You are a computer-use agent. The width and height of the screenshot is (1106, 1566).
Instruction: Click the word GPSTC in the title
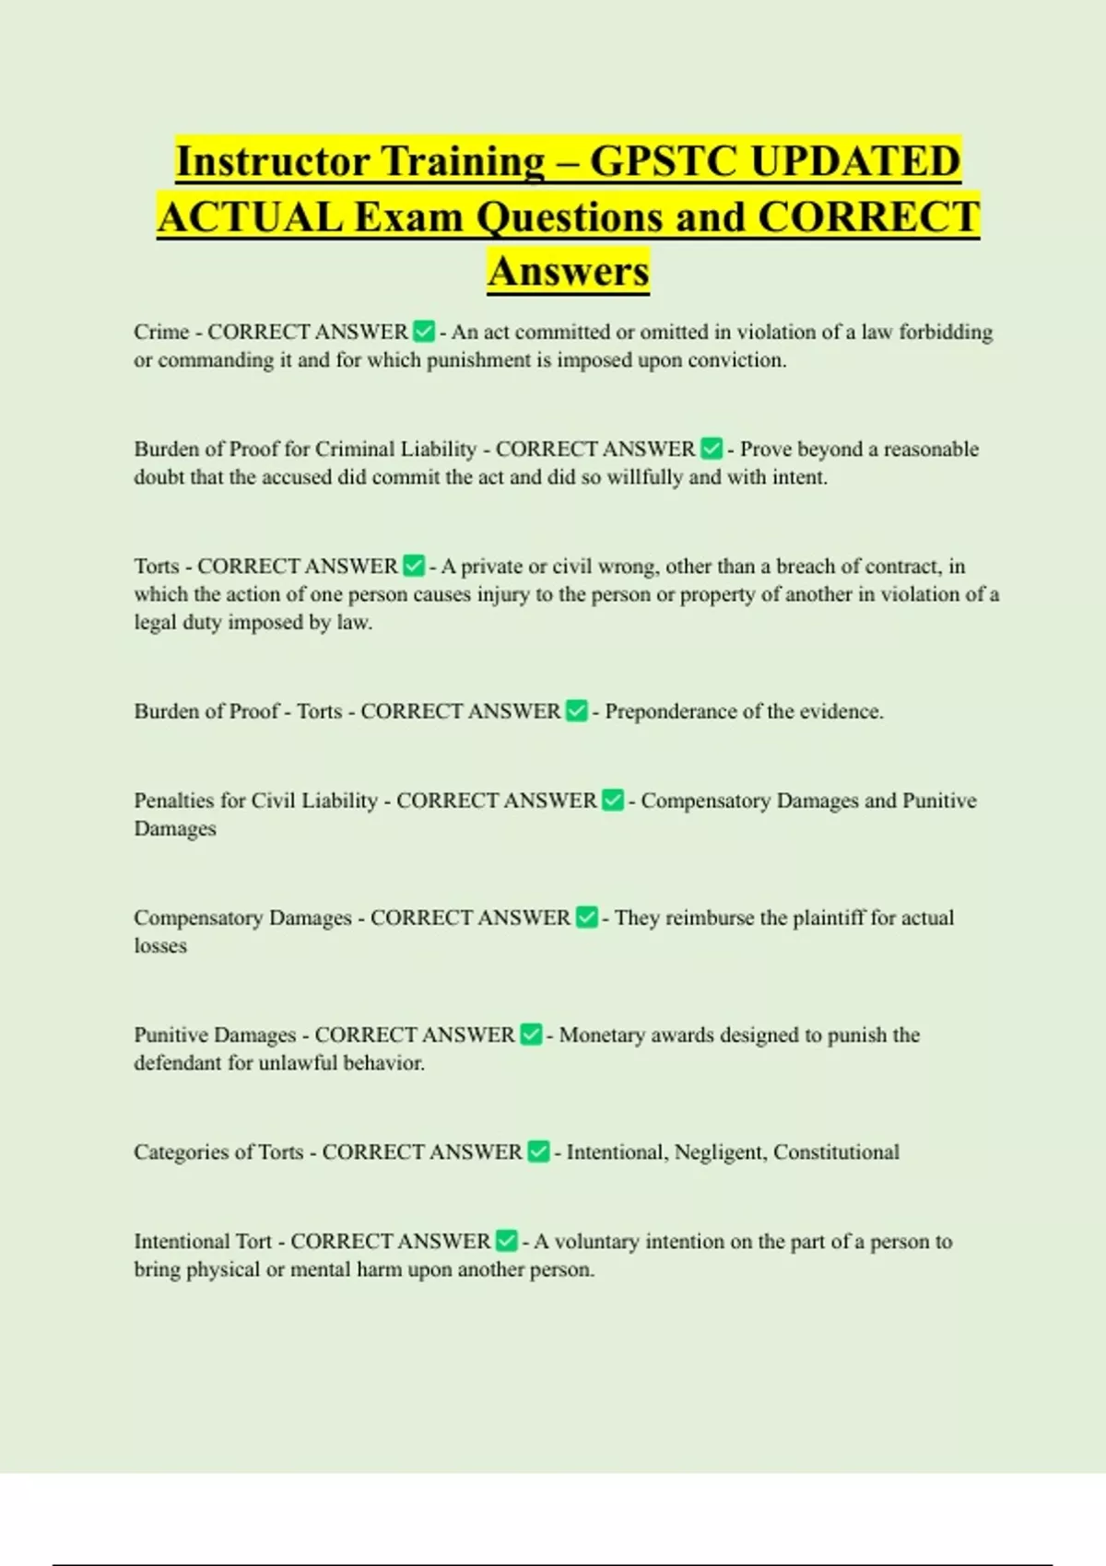point(663,161)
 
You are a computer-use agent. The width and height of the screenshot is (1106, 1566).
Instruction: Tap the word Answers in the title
point(569,272)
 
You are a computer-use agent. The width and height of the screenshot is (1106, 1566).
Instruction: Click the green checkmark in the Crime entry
point(424,332)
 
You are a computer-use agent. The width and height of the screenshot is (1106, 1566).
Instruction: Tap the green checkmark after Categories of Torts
point(538,1152)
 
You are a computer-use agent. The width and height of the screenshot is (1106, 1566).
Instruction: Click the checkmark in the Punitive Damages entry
point(531,1035)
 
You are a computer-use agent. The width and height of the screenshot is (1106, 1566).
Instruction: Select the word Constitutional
point(836,1152)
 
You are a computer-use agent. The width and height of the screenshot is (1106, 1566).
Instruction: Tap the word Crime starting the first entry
point(161,332)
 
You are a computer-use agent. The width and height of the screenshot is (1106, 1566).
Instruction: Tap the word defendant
point(178,1063)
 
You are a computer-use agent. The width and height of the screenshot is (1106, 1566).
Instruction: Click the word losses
point(160,946)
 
